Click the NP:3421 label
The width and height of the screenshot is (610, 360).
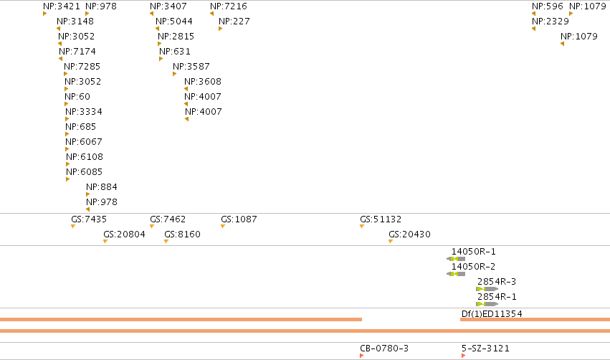62,6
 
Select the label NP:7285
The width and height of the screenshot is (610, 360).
82,67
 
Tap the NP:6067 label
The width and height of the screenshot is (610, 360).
84,142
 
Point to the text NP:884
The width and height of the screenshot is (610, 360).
102,186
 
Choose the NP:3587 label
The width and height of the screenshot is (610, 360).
191,67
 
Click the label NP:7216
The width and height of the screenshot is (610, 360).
229,6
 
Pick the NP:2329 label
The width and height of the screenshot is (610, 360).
550,22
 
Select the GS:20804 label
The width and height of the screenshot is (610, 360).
124,235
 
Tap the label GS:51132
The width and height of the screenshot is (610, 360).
381,219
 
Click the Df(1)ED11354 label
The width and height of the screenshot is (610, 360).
492,313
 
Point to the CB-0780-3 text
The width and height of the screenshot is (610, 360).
384,349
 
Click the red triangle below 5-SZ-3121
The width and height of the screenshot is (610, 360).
463,356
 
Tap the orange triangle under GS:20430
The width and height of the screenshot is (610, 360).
391,242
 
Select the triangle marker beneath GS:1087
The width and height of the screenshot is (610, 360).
223,227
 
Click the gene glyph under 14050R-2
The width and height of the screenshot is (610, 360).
456,274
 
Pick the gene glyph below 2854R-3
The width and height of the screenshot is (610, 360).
487,289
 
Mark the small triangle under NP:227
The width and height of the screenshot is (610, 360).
220,29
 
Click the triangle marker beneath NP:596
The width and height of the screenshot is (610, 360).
534,14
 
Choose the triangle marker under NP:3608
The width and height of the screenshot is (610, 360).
186,89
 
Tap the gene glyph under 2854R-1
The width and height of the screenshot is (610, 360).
487,304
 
